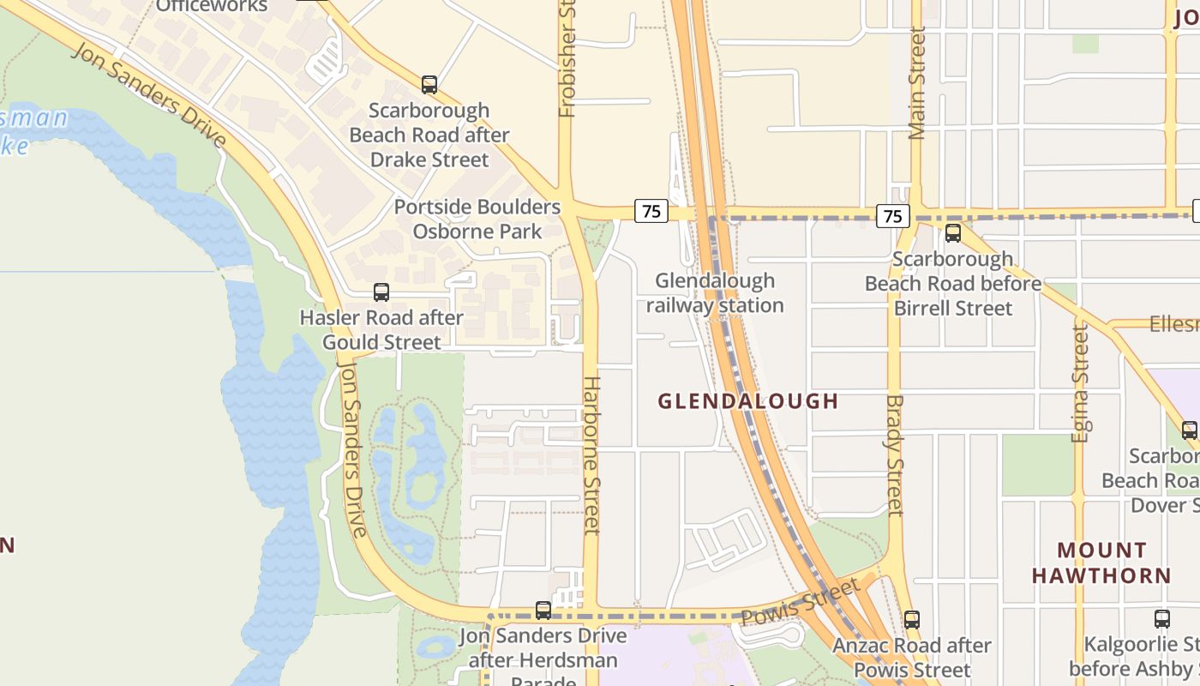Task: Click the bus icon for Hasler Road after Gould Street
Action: point(381,292)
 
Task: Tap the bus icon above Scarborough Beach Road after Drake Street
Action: point(429,85)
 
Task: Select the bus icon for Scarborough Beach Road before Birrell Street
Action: point(952,233)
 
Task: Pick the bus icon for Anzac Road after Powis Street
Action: point(912,619)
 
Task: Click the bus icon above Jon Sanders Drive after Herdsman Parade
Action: point(543,611)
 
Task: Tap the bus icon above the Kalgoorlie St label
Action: point(1162,618)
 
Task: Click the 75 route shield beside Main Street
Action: point(892,215)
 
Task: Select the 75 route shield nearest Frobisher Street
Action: point(651,210)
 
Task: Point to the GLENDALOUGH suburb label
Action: point(747,400)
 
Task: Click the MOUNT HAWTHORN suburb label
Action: point(1101,563)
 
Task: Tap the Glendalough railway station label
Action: point(715,293)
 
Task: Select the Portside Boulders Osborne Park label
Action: point(477,220)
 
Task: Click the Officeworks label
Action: point(212,7)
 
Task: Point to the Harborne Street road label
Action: point(591,454)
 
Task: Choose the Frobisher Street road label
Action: point(567,58)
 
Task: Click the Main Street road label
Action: point(917,83)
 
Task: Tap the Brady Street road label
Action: point(895,455)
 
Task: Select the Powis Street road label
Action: point(799,602)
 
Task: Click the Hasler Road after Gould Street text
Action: point(381,330)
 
